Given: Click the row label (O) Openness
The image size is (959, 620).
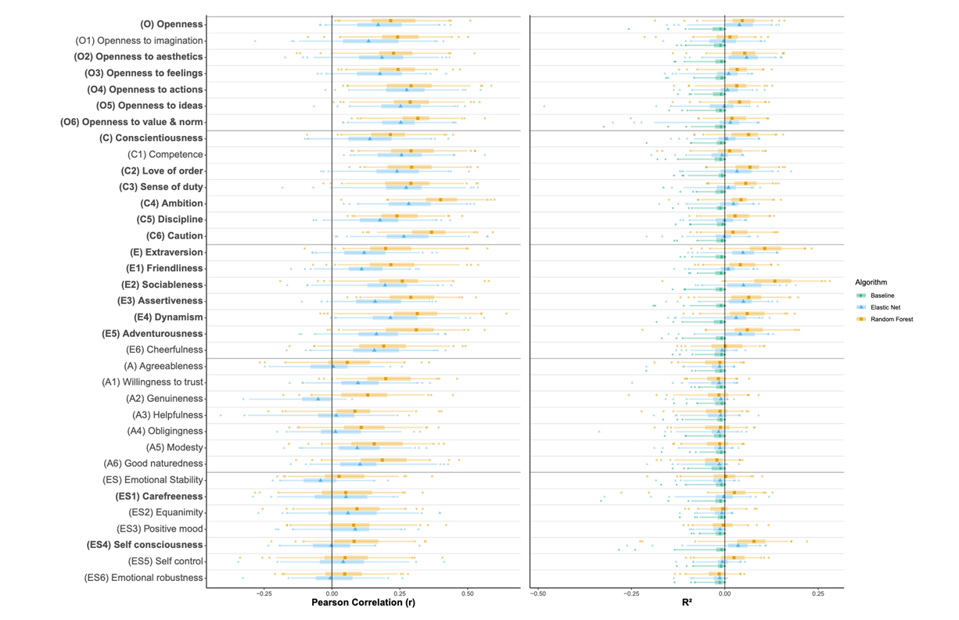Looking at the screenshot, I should pyautogui.click(x=171, y=24).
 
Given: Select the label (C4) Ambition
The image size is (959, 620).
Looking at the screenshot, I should pyautogui.click(x=171, y=203).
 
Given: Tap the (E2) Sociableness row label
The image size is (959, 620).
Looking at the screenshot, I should pyautogui.click(x=162, y=285).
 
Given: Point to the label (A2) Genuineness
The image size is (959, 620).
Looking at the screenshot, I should pyautogui.click(x=164, y=399).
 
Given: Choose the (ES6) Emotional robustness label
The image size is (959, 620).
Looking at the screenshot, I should pyautogui.click(x=144, y=578).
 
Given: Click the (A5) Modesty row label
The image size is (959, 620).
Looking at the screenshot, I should pyautogui.click(x=174, y=447).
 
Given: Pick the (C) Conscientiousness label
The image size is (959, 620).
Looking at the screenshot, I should pyautogui.click(x=151, y=138).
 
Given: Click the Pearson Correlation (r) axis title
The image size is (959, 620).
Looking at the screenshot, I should pyautogui.click(x=363, y=603).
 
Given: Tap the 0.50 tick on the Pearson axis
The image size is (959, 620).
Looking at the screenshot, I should pyautogui.click(x=468, y=593).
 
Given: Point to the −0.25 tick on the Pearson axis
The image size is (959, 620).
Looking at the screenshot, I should pyautogui.click(x=264, y=593).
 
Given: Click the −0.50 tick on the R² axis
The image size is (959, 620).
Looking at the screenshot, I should pyautogui.click(x=537, y=593).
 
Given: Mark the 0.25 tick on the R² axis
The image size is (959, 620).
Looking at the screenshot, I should pyautogui.click(x=817, y=593).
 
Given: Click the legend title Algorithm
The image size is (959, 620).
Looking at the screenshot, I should pyautogui.click(x=871, y=282).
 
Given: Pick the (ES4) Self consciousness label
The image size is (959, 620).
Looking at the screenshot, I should pyautogui.click(x=147, y=545).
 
